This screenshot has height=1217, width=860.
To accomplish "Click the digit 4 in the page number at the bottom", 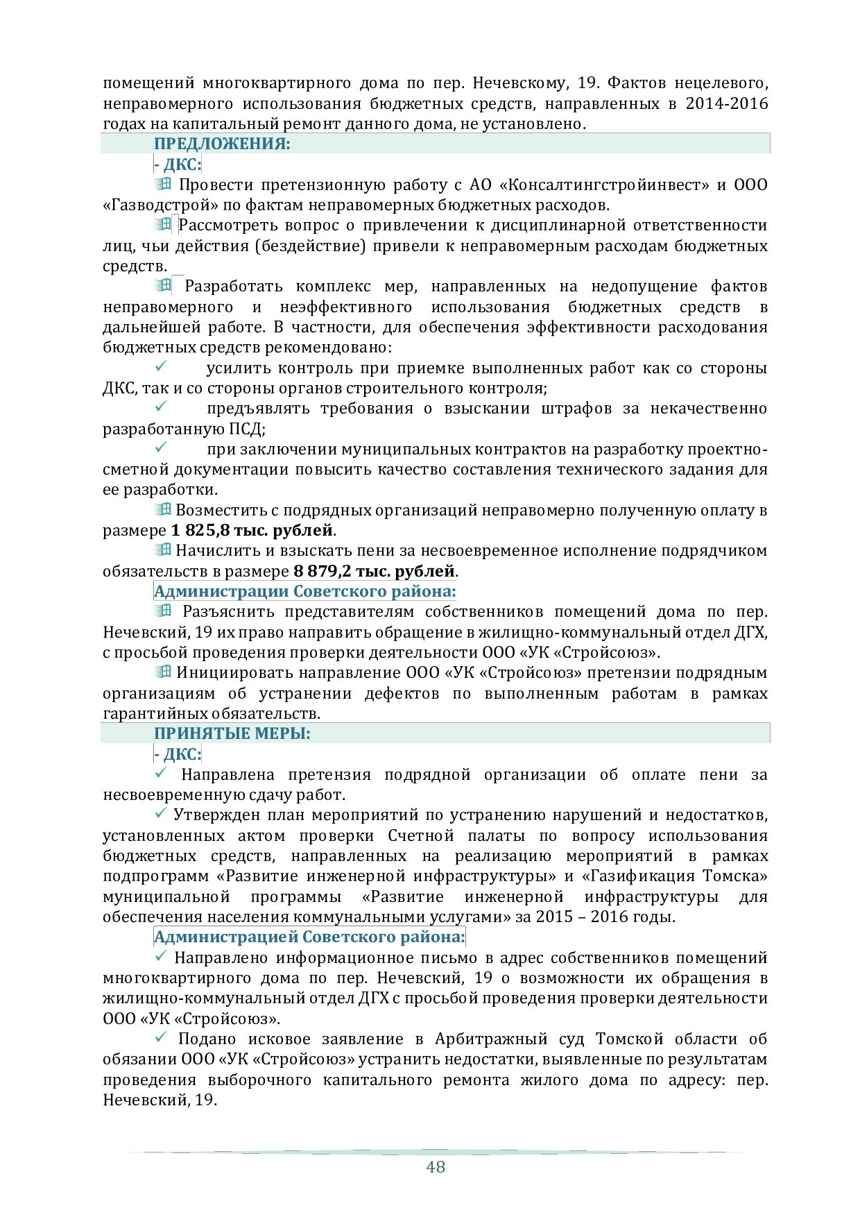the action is [x=431, y=1167].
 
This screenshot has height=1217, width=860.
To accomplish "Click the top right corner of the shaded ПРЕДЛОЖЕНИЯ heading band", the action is [x=770, y=133].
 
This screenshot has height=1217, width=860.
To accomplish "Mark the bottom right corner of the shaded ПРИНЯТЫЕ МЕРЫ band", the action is [x=770, y=742].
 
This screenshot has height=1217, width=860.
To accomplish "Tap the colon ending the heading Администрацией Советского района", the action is [x=463, y=937].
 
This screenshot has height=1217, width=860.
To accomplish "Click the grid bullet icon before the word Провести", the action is [x=163, y=184].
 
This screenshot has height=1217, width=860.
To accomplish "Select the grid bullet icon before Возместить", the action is [x=163, y=509].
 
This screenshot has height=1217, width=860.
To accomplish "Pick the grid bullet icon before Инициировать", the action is [x=163, y=672].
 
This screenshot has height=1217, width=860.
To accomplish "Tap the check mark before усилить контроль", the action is [x=161, y=366].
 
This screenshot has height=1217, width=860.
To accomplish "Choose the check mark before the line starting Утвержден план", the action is [x=161, y=812].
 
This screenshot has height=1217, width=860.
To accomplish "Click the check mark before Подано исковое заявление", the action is [x=161, y=1037].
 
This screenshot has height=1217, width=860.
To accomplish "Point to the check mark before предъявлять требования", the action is [x=161, y=406].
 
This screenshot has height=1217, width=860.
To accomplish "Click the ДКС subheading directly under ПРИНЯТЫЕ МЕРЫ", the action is [x=178, y=754].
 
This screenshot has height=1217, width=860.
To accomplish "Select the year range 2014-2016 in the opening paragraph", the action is [x=727, y=104].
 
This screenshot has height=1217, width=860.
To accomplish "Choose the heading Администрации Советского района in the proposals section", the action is [x=305, y=592].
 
